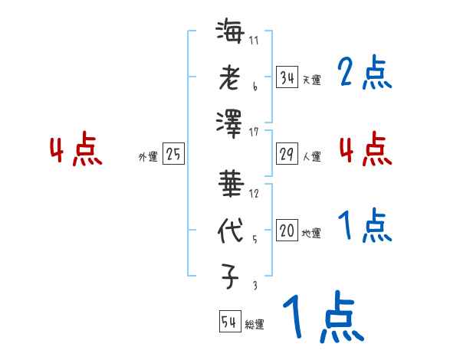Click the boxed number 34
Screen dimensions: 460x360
(287, 77)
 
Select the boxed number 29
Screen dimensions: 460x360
(287, 155)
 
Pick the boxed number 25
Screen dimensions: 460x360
(173, 155)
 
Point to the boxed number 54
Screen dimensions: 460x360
(229, 322)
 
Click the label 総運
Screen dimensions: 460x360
(254, 324)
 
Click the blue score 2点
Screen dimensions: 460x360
(364, 74)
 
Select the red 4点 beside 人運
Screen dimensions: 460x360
(364, 149)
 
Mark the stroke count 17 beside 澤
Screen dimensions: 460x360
(254, 133)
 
